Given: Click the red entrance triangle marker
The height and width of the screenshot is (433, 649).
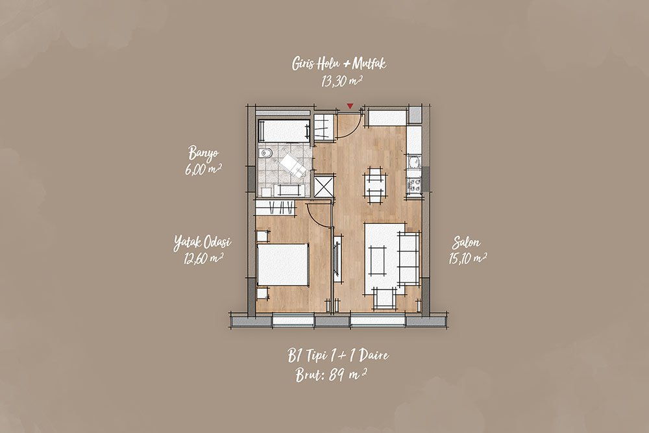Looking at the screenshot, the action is (350, 106).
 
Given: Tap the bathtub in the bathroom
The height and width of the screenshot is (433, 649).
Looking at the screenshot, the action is (284, 131).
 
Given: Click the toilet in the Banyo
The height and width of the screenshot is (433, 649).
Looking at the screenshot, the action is (265, 154).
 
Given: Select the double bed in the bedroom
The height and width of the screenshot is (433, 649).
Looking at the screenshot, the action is (283, 264).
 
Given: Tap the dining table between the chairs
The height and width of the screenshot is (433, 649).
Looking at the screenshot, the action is (375, 185).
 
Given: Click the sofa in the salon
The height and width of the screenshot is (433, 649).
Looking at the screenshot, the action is (409, 258).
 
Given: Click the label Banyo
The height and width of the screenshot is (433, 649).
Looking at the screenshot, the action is (203, 153).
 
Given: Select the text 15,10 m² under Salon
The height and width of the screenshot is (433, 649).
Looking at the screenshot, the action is (467, 259).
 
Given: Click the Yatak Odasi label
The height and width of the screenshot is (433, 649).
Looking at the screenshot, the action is (202, 243).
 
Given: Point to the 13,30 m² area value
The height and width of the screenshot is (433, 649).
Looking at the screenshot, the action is (342, 82).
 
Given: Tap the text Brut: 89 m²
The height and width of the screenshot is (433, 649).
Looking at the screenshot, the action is (331, 375).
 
